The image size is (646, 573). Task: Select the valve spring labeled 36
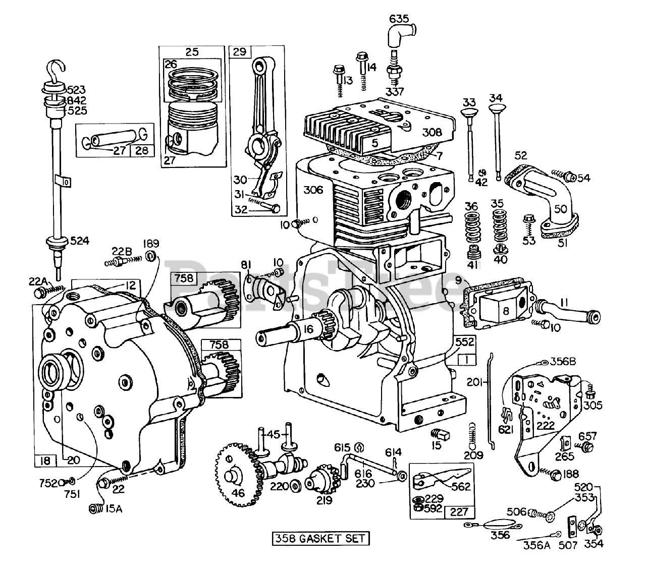tap(472, 227)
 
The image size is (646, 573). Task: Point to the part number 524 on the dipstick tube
tap(79, 241)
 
